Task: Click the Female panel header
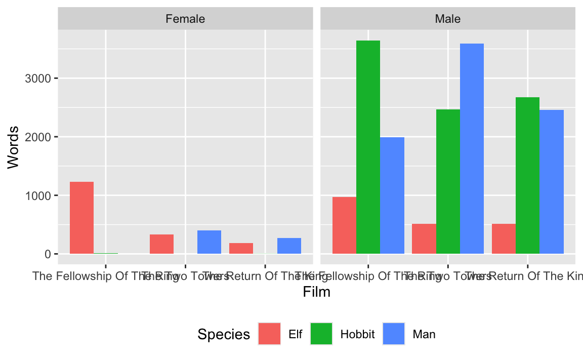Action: point(185,19)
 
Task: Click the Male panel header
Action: point(448,19)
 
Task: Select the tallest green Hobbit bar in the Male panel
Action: point(368,147)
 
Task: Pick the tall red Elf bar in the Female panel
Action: point(81,218)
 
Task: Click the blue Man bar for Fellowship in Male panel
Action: point(392,195)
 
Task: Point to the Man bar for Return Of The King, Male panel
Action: point(552,182)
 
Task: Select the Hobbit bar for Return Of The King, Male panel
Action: point(527,175)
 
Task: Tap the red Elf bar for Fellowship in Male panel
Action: point(344,225)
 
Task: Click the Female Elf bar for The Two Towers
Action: point(161,244)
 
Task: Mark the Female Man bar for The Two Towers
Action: point(209,242)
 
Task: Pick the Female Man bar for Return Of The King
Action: point(289,246)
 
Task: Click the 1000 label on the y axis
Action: point(38,195)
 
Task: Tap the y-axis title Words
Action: point(14,147)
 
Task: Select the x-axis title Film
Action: point(316,292)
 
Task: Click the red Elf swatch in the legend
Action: point(269,334)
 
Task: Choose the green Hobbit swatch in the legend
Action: point(321,334)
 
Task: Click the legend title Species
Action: point(224,334)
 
